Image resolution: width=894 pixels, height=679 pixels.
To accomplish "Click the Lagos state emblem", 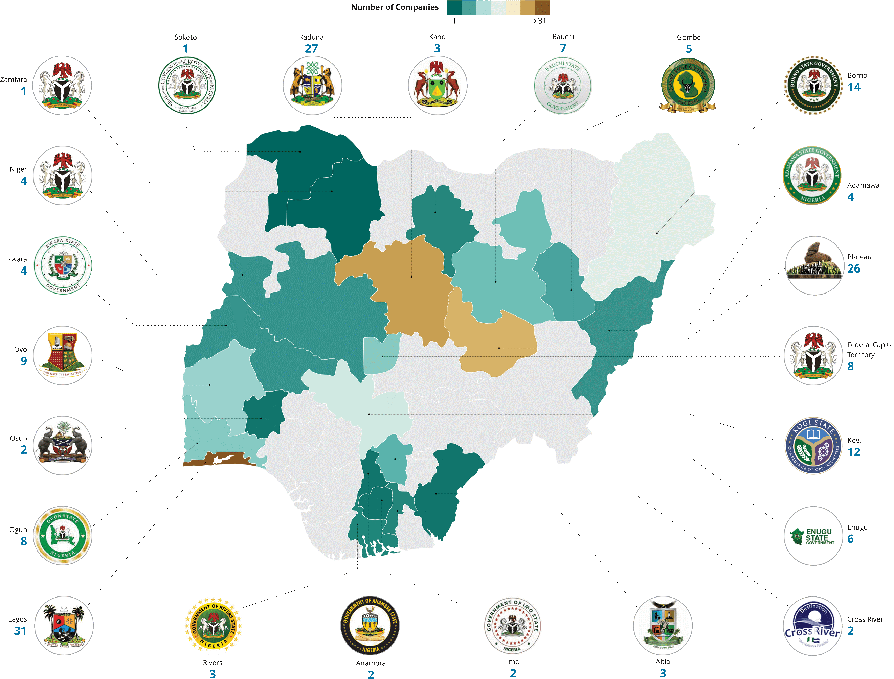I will click(64, 625).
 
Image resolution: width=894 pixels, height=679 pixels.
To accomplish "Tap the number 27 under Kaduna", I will click(311, 49).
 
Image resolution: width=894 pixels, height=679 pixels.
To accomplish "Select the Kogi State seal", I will click(813, 445).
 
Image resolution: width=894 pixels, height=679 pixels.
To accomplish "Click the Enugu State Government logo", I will click(813, 536).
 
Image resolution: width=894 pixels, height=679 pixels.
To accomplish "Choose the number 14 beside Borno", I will click(854, 87).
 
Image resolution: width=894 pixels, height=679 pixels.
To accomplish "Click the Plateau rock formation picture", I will click(814, 265).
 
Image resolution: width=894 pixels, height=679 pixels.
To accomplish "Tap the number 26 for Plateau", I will click(854, 269).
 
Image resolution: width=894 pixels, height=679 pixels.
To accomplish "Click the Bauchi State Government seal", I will click(563, 86).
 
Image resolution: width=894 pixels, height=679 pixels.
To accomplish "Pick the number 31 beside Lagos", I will click(20, 631).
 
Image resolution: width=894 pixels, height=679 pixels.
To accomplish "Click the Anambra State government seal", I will click(370, 625).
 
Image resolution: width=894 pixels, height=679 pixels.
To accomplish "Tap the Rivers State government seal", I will click(214, 625).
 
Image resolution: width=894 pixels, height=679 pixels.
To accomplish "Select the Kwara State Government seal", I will click(63, 265).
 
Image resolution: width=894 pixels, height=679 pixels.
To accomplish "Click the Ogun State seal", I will click(63, 536).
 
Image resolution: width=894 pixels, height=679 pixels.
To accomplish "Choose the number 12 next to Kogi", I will click(854, 452).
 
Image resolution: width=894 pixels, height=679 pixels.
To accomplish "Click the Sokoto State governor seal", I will click(187, 86).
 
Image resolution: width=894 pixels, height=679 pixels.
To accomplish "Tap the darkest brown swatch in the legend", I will click(542, 8).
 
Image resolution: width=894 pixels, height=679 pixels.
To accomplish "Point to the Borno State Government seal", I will click(813, 85).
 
